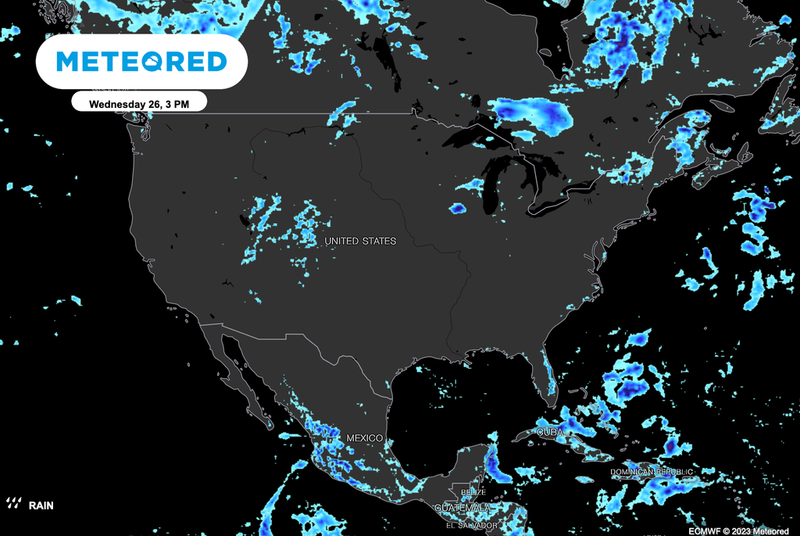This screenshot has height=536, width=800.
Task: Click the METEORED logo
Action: click(x=141, y=61)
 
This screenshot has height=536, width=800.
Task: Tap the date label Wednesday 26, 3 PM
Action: click(x=139, y=103)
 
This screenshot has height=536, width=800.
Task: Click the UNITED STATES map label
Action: click(x=360, y=241)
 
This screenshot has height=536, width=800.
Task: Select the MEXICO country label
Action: click(x=364, y=438)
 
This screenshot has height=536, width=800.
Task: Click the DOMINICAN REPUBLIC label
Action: click(x=651, y=473)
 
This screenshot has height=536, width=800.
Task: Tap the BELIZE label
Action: click(x=473, y=492)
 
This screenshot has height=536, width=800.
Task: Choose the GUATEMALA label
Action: click(x=463, y=508)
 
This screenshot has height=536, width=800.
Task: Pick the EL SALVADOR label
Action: click(x=466, y=525)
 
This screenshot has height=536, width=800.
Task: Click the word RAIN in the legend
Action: click(x=41, y=505)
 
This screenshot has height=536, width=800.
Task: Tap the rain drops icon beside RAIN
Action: click(x=14, y=503)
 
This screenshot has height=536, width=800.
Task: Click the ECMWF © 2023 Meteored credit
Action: click(x=739, y=531)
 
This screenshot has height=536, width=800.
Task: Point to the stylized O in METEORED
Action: click(x=177, y=61)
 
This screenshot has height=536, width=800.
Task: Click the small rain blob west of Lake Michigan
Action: click(x=457, y=209)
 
